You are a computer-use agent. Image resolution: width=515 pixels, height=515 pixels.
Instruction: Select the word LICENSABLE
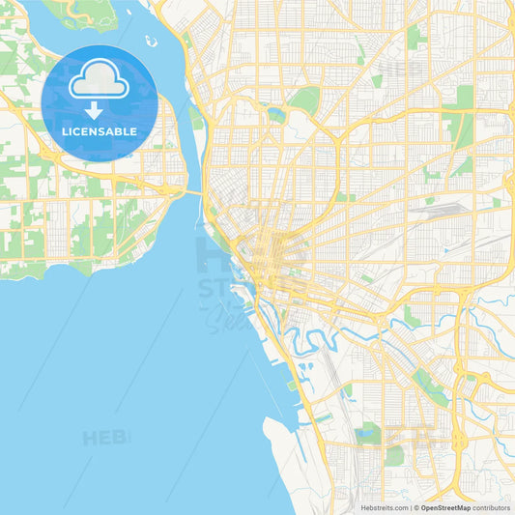[x=99, y=130]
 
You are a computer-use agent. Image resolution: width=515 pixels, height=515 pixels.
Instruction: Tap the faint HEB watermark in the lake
[x=105, y=438]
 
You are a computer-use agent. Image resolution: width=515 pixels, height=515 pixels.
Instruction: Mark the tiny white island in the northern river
[x=151, y=41]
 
